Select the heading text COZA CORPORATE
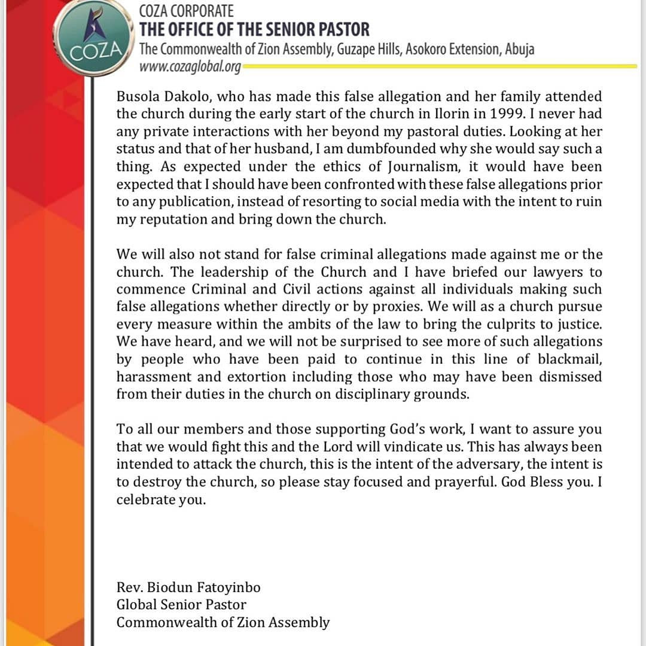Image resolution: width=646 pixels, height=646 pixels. pos(186,11)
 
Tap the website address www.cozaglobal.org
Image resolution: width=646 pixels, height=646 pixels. pos(190,66)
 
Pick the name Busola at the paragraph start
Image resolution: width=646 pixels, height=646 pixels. pos(139,96)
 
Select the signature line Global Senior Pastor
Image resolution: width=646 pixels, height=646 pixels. pos(181,605)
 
